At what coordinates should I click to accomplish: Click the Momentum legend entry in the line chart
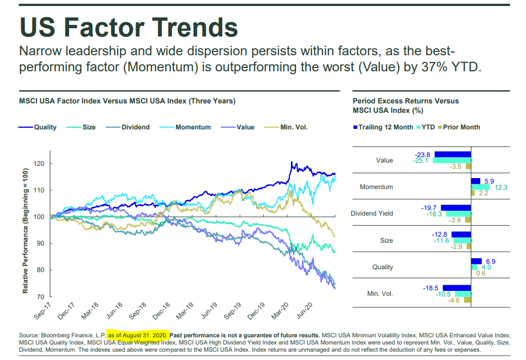pyautogui.click(x=193, y=127)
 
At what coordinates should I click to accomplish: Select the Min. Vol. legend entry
pyautogui.click(x=294, y=127)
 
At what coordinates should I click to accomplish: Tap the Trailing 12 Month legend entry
pyautogui.click(x=386, y=127)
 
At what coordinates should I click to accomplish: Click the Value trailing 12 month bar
pyautogui.click(x=452, y=154)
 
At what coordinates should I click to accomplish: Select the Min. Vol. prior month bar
pyautogui.click(x=467, y=300)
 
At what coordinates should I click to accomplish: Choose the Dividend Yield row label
pyautogui.click(x=372, y=213)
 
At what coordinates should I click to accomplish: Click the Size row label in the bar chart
pyautogui.click(x=387, y=241)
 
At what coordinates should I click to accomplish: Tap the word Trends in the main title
pyautogui.click(x=188, y=27)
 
